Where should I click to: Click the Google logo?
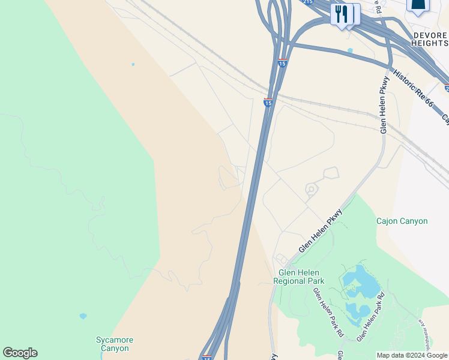click(20, 353)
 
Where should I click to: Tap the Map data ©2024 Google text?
click(412, 355)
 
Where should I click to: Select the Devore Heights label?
click(430, 40)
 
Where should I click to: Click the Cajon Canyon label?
click(402, 221)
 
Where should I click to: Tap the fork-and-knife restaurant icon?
click(342, 13)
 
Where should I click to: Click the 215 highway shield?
click(308, 2)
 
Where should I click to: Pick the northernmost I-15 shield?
click(282, 62)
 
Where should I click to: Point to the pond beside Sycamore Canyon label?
click(83, 316)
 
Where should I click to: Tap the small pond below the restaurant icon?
click(350, 50)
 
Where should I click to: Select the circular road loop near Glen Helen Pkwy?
click(311, 190)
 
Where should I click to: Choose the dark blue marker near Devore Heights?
click(418, 5)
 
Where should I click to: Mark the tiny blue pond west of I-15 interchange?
click(133, 64)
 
